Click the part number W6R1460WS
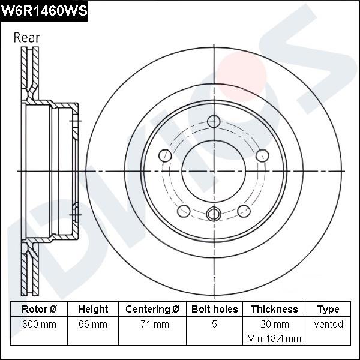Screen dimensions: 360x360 pos(44,11)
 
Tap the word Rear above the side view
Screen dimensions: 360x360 pos(26,37)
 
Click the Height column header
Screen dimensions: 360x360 pos(93,310)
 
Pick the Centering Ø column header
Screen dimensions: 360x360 pos(152,310)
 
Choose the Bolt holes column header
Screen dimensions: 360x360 pos(214,310)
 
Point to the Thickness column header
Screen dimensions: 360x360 pos(274,310)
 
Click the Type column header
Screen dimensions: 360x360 pos(328,310)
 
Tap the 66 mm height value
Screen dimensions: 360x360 pos(93,325)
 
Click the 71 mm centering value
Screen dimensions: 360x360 pos(152,325)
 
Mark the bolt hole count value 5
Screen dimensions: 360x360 pos(214,325)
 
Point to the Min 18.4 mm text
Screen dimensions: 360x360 pos(274,338)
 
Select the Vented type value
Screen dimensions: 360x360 pos(328,325)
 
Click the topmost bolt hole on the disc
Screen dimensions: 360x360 pos(214,121)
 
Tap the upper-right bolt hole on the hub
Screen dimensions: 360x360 pos(262,156)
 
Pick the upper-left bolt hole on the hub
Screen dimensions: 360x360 pos(166,156)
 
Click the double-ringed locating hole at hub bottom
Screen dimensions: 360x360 pos(214,214)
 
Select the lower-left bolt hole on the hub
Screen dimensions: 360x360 pos(184,211)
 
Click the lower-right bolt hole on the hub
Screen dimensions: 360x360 pos(244,211)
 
